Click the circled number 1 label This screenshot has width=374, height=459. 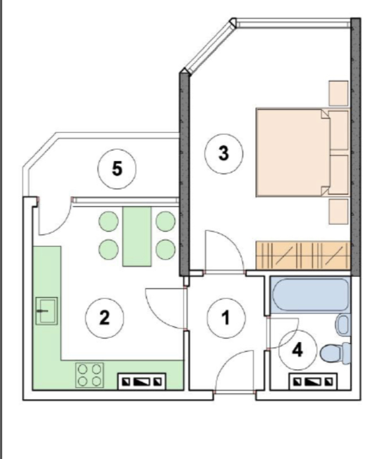point(226,318)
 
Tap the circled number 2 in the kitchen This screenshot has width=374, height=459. point(105,318)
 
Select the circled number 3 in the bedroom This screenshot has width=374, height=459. point(223,154)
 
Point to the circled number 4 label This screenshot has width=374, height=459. point(298,350)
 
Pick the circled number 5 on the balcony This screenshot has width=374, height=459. point(117,169)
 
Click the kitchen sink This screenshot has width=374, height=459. point(46,311)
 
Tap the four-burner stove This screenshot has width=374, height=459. point(89,375)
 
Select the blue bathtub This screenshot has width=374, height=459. point(311,295)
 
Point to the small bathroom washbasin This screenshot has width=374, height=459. point(343,324)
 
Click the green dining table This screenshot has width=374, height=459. point(137,236)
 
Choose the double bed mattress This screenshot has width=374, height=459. point(293,153)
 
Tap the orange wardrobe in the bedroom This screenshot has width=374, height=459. point(303,256)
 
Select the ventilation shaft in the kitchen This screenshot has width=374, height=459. point(142,382)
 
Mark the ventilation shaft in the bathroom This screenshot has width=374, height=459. point(313,382)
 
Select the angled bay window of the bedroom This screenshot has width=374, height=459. point(210,47)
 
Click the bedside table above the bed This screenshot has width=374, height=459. point(339,93)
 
